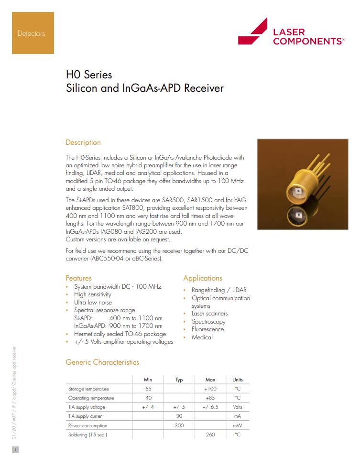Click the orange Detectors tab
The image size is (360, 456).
pos(33,33)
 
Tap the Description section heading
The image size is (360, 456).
pos(83,142)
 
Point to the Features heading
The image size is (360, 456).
pos(78,278)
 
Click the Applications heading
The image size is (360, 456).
pos(203,278)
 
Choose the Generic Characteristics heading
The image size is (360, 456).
pos(102,362)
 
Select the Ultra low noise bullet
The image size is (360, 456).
pos(93,302)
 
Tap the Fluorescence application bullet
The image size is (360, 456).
pos(207,329)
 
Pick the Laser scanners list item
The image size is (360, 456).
pos(209,314)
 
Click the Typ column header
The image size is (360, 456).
pos(179,380)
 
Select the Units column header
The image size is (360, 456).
pos(237,380)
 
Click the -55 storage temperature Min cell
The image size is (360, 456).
pos(148,389)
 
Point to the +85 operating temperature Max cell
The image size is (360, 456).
pos(210,398)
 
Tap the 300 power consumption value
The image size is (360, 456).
pos(179,425)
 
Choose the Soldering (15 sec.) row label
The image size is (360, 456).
pos(87,434)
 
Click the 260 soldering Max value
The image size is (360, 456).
pos(210,434)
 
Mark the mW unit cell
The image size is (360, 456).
pos(237,425)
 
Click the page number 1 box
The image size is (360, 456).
pos(15,449)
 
